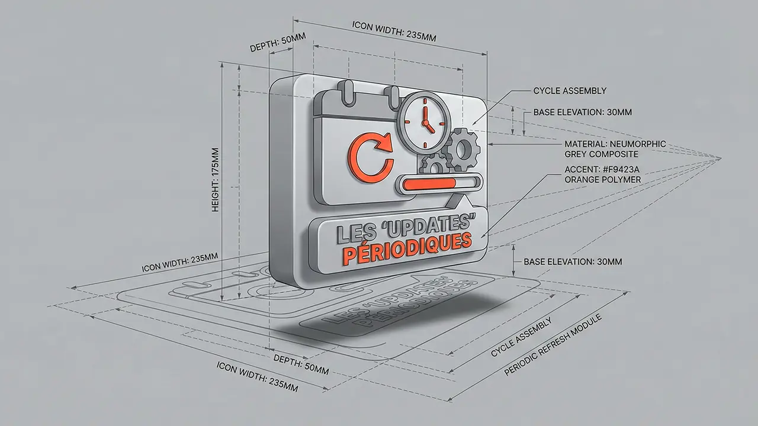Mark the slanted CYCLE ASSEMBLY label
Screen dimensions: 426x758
521,337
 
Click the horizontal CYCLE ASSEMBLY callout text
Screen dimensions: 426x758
570,91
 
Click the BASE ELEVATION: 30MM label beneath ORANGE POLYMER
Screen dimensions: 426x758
573,262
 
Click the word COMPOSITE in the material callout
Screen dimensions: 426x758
600,154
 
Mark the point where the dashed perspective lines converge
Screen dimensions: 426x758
721,157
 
